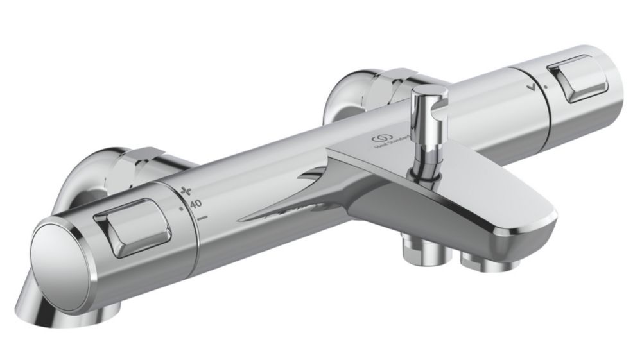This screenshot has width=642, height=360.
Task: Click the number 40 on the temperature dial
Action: tap(196, 203)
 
